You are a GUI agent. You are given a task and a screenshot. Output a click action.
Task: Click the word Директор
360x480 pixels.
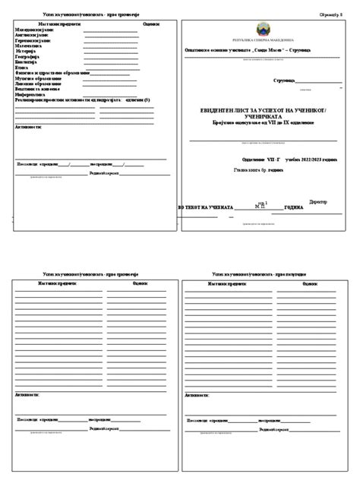(317, 202)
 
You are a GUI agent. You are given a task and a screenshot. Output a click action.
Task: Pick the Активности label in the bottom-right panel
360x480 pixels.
(198, 395)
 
